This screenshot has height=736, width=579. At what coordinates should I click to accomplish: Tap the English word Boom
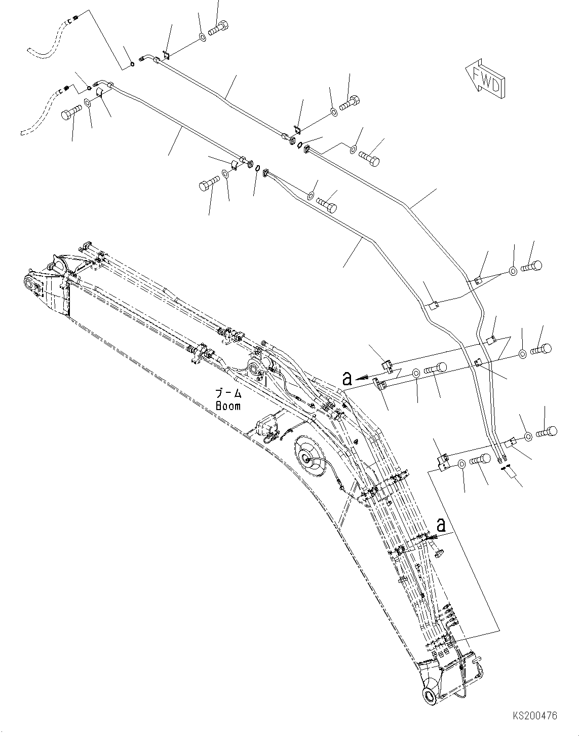click(x=228, y=406)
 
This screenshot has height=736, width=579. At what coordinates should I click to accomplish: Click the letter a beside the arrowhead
click(x=347, y=378)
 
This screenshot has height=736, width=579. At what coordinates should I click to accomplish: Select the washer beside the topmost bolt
click(x=202, y=37)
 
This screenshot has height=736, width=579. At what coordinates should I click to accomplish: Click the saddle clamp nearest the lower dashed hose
click(x=99, y=92)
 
